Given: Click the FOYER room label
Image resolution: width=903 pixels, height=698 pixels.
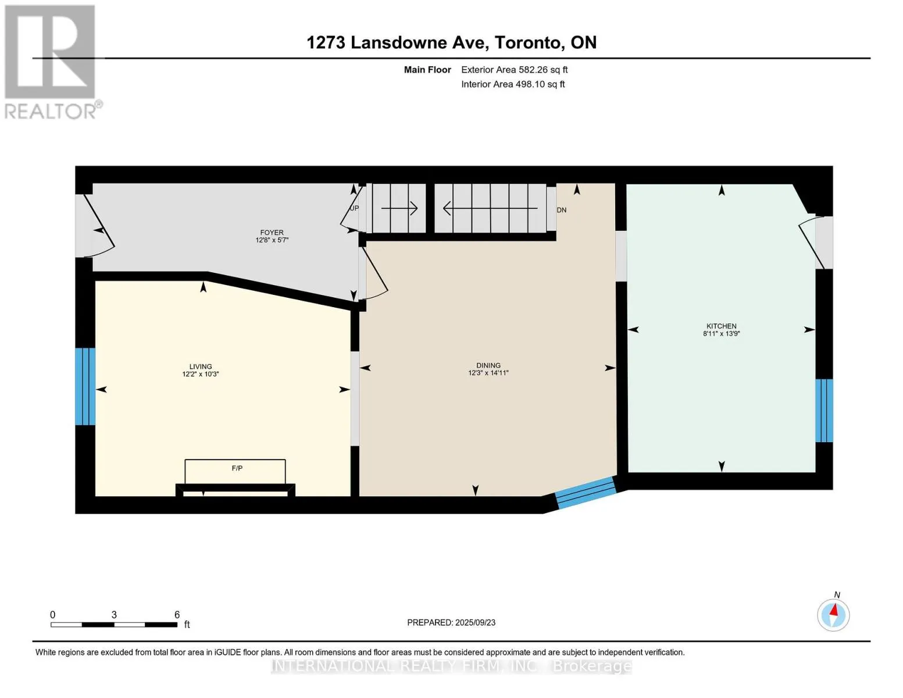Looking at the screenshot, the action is pos(272,233).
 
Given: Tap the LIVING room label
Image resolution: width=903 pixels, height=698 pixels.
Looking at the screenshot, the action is pos(201,366).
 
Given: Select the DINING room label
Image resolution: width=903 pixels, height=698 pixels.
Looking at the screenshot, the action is pos(488,365).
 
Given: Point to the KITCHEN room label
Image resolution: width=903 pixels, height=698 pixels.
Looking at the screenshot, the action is pos(722,326).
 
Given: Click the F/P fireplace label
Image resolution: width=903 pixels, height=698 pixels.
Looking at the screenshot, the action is pos(237,468).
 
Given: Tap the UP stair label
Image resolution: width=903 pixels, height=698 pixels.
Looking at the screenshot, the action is pos(354,208).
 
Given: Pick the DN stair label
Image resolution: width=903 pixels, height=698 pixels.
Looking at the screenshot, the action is pos(562,210).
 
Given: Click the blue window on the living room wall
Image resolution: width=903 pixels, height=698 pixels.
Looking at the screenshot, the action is pos(85,386).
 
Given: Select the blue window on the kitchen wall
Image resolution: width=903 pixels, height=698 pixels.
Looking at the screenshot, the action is pos(823,410).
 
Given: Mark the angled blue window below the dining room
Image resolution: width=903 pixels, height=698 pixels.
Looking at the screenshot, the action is pos(586,493).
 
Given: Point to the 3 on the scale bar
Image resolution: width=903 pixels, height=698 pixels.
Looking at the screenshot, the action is pos(114,614).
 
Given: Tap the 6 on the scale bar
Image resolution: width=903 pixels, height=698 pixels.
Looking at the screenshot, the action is pos(177,614).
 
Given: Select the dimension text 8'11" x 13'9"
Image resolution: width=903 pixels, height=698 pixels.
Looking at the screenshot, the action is pos(722,333).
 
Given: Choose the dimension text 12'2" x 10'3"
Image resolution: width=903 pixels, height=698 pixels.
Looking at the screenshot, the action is pos(201,374).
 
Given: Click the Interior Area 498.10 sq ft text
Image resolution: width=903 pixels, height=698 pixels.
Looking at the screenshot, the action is pos(513,84).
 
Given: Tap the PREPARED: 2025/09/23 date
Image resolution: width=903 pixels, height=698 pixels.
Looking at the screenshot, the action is pos(451,622).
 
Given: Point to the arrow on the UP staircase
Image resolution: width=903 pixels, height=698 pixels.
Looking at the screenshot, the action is pos(399,208).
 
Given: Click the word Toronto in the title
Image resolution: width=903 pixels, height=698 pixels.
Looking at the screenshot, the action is pos(528,43).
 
